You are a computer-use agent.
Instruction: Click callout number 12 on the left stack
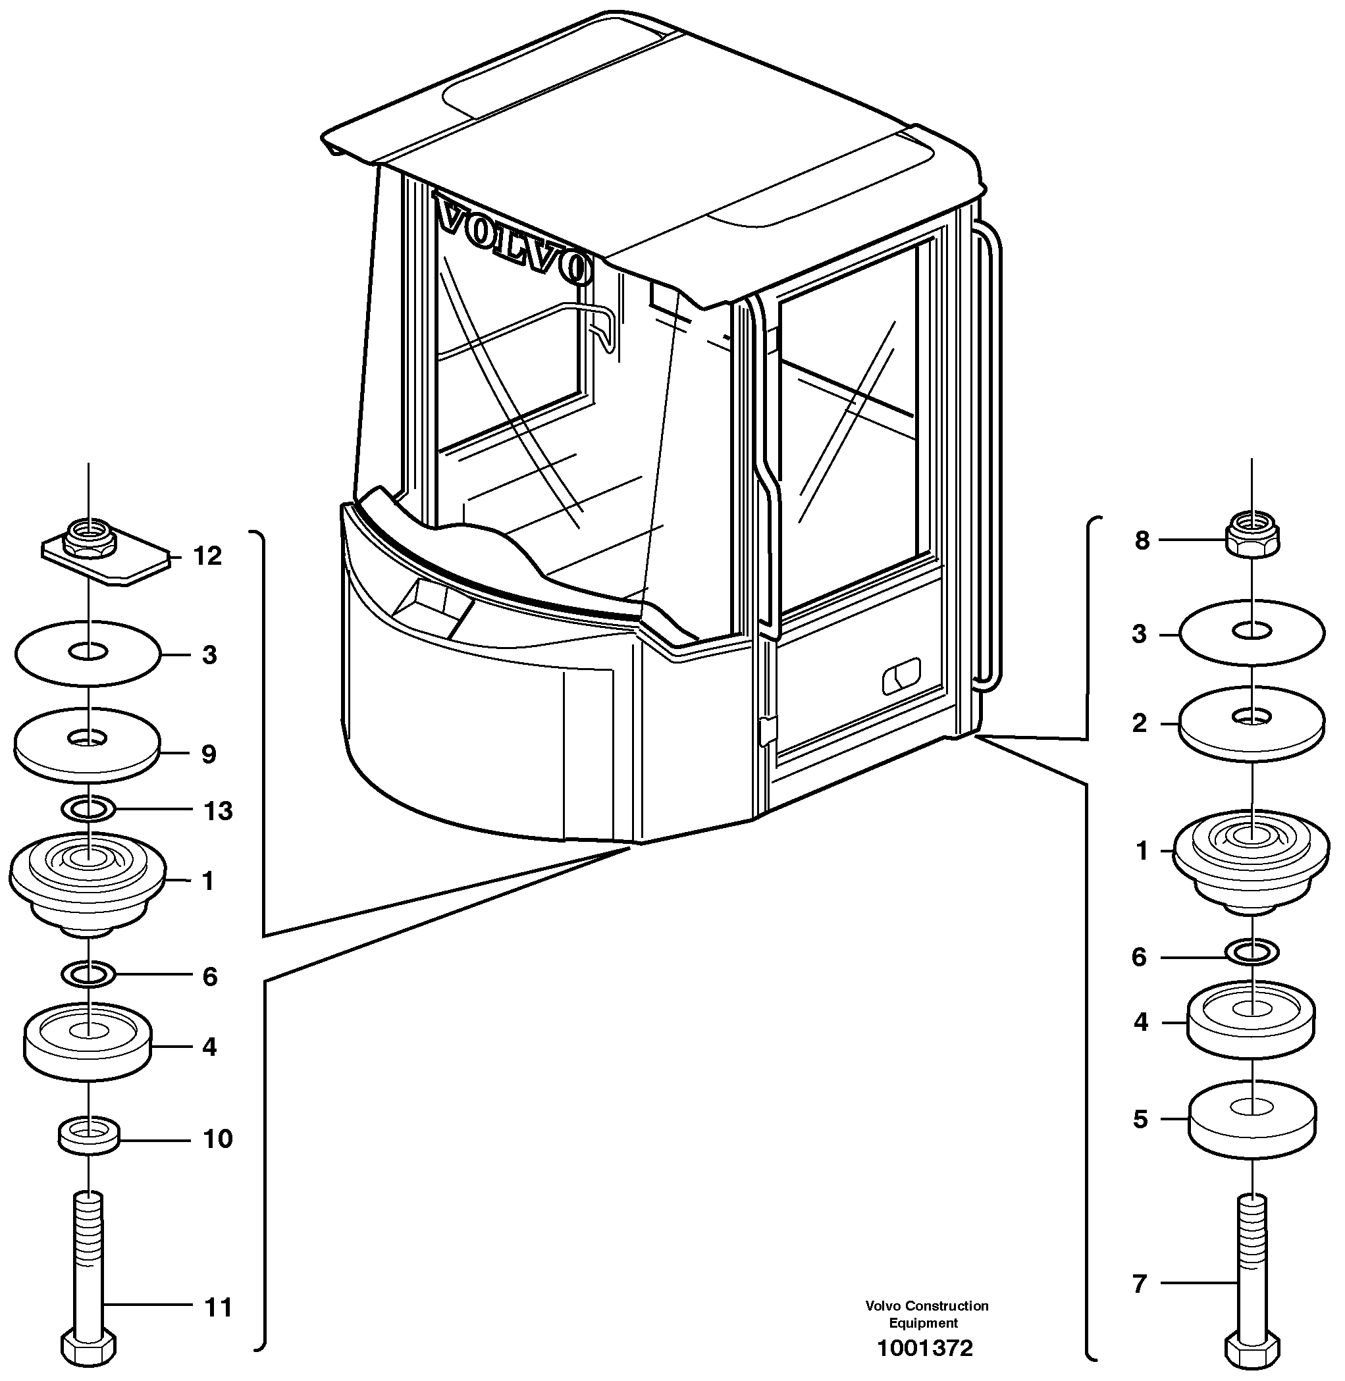(x=207, y=557)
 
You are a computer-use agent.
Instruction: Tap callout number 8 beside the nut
(x=1142, y=541)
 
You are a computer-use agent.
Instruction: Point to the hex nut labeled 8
(x=1252, y=538)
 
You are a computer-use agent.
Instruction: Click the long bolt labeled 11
(x=88, y=1272)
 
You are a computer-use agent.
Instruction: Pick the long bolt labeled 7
(x=1252, y=1272)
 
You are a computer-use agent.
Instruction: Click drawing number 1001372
(x=925, y=1348)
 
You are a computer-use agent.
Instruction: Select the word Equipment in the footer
(x=924, y=1322)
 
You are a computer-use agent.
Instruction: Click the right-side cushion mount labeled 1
(x=1252, y=858)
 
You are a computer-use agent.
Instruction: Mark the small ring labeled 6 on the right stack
(x=1252, y=953)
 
